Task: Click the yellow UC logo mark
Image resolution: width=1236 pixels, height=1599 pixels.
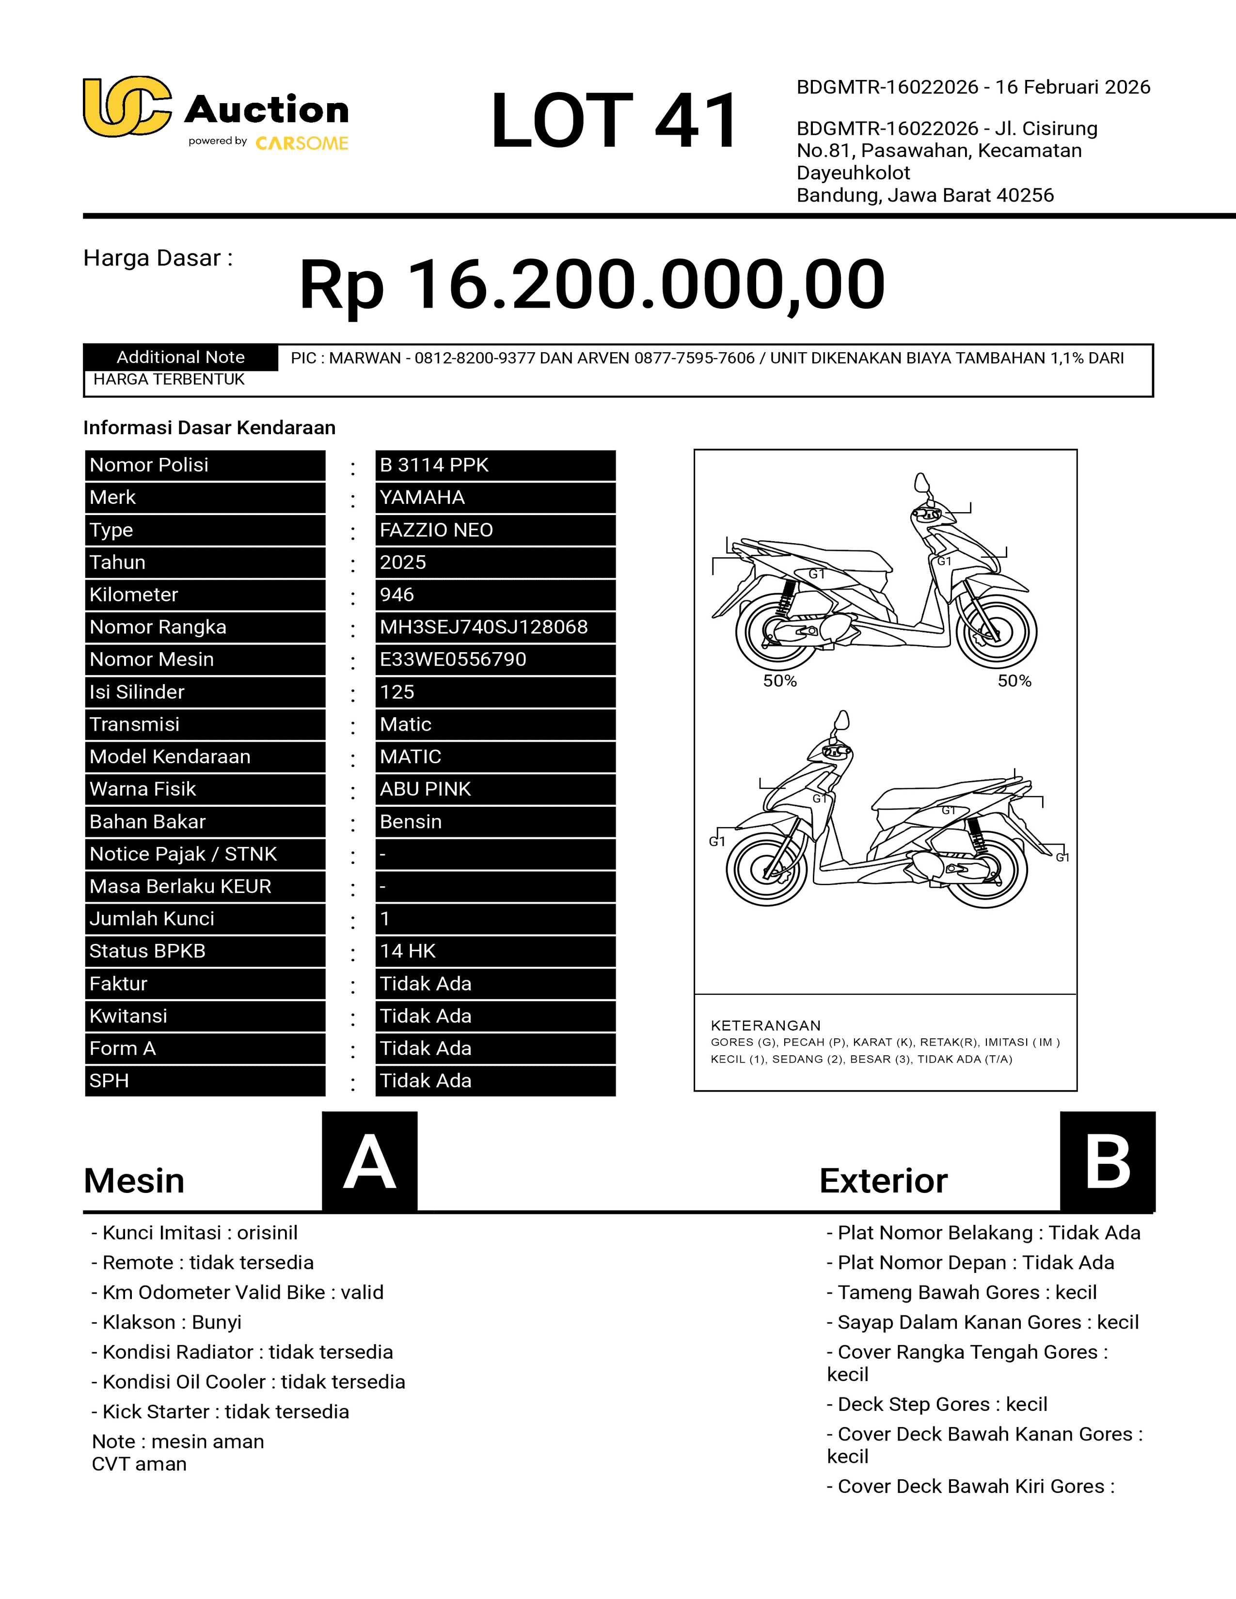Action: point(127,107)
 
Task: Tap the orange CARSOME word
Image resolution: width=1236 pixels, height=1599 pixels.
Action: point(301,143)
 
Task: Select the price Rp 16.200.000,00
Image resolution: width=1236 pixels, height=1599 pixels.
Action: point(592,285)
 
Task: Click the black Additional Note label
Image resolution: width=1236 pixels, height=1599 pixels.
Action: point(180,357)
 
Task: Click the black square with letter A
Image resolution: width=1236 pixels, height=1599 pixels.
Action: point(370,1161)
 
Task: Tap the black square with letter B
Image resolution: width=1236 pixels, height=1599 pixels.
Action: point(1107,1161)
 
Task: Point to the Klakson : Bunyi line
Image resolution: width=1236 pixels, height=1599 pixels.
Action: point(167,1322)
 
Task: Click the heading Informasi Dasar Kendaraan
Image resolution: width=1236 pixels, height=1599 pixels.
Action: point(209,427)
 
